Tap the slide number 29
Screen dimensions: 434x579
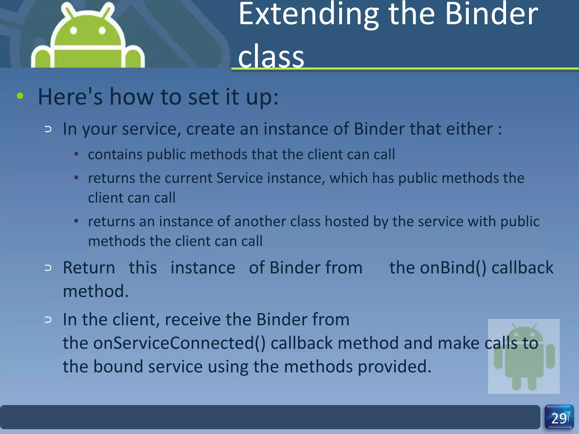pyautogui.click(x=559, y=418)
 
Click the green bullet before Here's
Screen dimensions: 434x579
pyautogui.click(x=20, y=96)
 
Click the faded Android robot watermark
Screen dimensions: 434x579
pyautogui.click(x=524, y=356)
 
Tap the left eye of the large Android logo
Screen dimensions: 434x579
pyautogui.click(x=74, y=31)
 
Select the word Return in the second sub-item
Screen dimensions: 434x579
pyautogui.click(x=89, y=268)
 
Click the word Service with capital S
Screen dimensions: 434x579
pyautogui.click(x=239, y=178)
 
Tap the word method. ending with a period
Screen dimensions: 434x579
pyautogui.click(x=96, y=291)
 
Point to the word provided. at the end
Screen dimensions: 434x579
pyautogui.click(x=394, y=367)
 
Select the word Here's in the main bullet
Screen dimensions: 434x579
pyautogui.click(x=70, y=97)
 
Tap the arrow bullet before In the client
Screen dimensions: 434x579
pyautogui.click(x=48, y=320)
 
